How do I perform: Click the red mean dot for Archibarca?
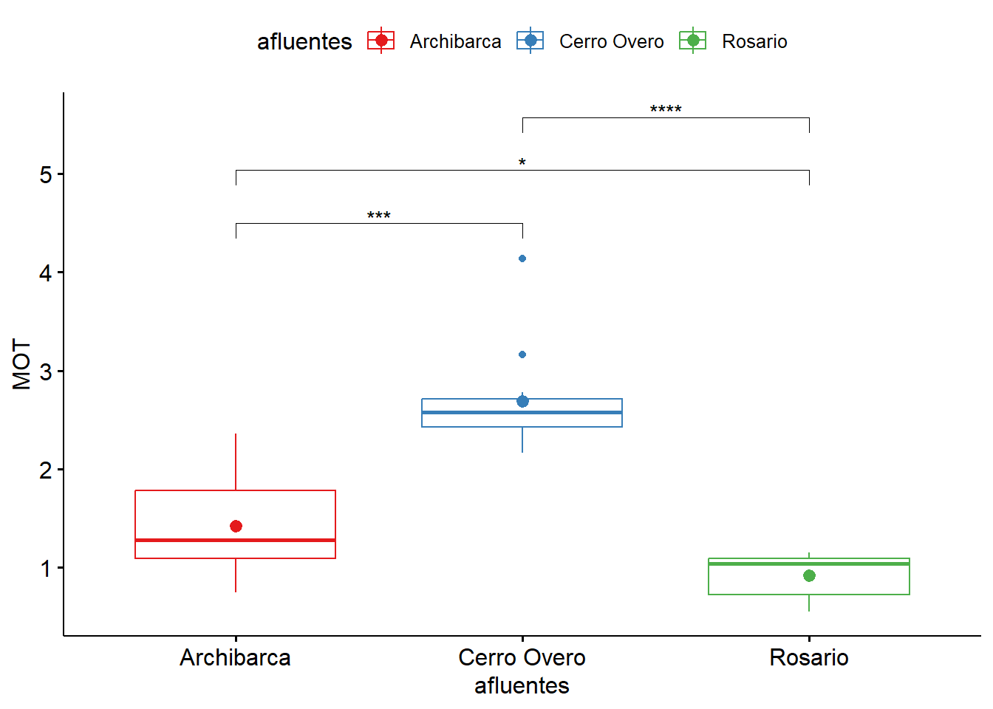coord(236,526)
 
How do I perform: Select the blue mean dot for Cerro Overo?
coord(522,401)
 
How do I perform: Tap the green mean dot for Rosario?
coord(809,575)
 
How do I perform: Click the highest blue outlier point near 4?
coord(522,258)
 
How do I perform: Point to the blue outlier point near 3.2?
coord(522,354)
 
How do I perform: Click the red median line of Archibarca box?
coord(236,540)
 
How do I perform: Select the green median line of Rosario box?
coord(809,564)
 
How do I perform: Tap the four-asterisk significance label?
coord(666,110)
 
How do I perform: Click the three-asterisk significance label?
coord(379,216)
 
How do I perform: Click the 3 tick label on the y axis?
coord(46,371)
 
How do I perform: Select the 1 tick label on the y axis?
coord(46,569)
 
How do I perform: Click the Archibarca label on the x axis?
coord(236,657)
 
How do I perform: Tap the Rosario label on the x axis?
coord(809,657)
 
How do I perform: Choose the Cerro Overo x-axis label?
coord(522,657)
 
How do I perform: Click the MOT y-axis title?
coord(22,364)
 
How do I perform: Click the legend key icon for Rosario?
coord(693,41)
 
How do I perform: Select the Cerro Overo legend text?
coord(611,41)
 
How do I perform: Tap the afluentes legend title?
coord(304,41)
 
